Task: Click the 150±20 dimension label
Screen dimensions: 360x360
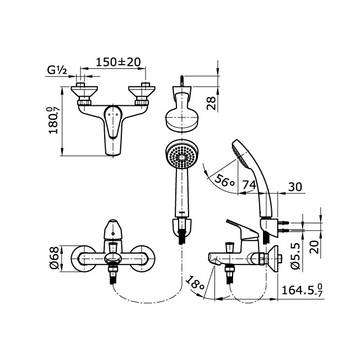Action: pyautogui.click(x=118, y=62)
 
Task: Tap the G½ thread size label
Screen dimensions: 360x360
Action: pyautogui.click(x=57, y=70)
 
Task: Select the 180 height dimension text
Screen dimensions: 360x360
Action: pyautogui.click(x=53, y=121)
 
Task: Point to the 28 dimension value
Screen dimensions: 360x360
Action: pyautogui.click(x=212, y=103)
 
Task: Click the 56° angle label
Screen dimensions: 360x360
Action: pyautogui.click(x=225, y=180)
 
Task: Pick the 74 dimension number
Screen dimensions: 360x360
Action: pyautogui.click(x=249, y=184)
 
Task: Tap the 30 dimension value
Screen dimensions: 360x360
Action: pyautogui.click(x=295, y=187)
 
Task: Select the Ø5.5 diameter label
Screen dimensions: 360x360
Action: pyautogui.click(x=295, y=256)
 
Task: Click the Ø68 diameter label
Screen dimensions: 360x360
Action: pyautogui.click(x=54, y=258)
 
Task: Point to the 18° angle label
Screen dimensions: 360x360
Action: pyautogui.click(x=195, y=283)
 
